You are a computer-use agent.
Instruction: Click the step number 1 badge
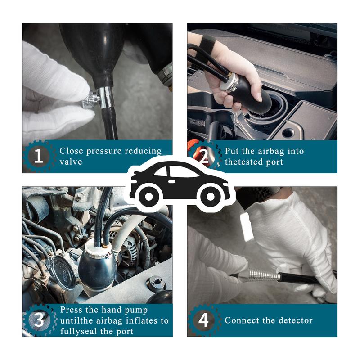39,156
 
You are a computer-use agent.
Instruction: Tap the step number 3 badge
39,320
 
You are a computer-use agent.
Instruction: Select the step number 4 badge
203,320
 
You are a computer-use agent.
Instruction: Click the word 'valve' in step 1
71,162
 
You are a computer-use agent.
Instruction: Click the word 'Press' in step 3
72,310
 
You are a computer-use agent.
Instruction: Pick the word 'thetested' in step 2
244,162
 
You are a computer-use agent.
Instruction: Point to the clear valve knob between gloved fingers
90,100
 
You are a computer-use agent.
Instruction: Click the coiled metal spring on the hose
264,274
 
